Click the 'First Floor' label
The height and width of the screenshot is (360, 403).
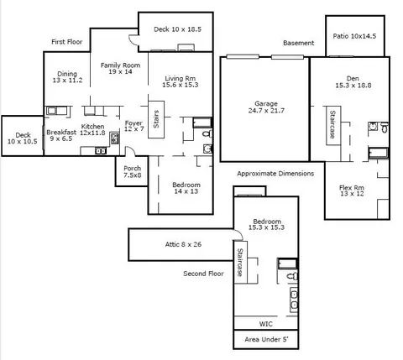(67, 42)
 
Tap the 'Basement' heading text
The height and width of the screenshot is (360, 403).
(299, 43)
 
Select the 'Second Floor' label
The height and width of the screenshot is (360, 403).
(203, 274)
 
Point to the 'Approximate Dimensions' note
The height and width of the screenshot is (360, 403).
(275, 174)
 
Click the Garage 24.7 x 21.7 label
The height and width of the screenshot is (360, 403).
(266, 107)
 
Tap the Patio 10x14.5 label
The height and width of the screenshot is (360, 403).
(354, 36)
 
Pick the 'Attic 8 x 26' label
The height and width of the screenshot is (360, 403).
(183, 244)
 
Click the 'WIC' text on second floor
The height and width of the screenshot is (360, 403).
(265, 324)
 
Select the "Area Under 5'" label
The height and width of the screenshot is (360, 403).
(266, 340)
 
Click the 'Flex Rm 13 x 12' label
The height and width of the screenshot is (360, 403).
(352, 190)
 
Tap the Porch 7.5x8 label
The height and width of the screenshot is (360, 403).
(133, 172)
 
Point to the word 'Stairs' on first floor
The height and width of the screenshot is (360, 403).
(156, 119)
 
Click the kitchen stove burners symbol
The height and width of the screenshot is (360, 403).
(114, 138)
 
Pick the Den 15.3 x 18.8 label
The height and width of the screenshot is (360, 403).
(353, 82)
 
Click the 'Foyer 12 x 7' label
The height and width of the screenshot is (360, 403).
(134, 126)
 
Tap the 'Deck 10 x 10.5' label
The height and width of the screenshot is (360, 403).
(23, 138)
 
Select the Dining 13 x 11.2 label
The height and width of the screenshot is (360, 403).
(67, 77)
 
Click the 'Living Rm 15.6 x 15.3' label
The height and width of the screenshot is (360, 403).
(181, 81)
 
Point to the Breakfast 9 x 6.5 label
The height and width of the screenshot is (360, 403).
(61, 135)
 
